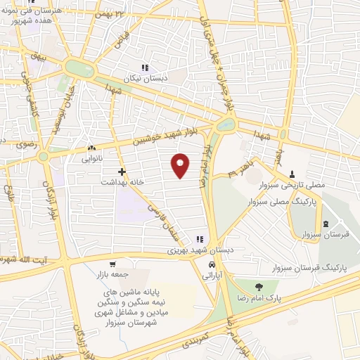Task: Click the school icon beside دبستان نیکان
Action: [144, 67]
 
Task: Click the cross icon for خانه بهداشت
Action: [122, 171]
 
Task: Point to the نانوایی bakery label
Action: [91, 158]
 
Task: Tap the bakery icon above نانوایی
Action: [91, 148]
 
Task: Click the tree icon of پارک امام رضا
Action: [258, 286]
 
